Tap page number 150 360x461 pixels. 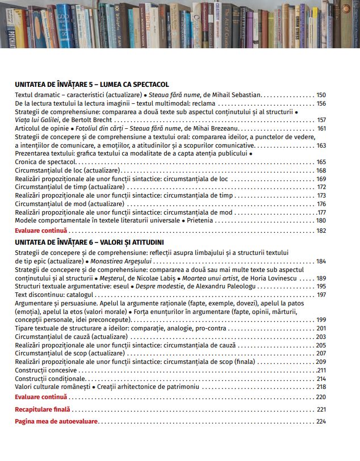pyautogui.click(x=321, y=95)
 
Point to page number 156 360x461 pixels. pyautogui.click(x=321, y=103)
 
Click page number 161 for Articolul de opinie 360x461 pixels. pyautogui.click(x=321, y=128)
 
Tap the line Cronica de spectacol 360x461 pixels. pyautogui.click(x=45, y=162)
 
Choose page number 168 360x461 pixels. pyautogui.click(x=321, y=170)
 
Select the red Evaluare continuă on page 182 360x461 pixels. pyautogui.click(x=41, y=230)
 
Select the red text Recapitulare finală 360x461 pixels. pyautogui.click(x=43, y=409)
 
